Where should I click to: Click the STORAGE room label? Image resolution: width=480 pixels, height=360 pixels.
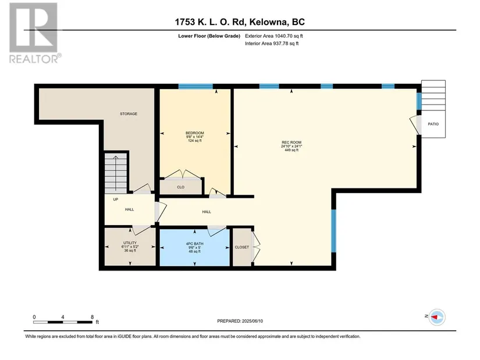129,114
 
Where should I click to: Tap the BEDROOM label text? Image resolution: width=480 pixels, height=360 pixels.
195,133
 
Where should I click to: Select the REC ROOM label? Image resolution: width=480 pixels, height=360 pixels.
291,142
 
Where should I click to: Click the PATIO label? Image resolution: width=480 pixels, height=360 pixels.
433,124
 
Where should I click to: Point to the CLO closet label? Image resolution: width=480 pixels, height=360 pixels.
180,187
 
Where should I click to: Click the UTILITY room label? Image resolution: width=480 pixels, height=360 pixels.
130,243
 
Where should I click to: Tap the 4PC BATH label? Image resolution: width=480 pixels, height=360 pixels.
195,244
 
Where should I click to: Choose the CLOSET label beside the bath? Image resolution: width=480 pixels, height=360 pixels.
242,247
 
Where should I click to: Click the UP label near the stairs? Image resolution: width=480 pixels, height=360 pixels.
115,199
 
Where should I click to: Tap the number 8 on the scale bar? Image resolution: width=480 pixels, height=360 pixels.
92,317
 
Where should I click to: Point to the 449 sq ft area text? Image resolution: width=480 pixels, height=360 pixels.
291,150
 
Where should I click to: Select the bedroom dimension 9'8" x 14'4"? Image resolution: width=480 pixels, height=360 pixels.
195,137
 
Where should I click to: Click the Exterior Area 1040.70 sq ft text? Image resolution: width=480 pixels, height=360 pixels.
274,36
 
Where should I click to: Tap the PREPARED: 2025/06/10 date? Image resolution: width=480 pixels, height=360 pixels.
240,321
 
